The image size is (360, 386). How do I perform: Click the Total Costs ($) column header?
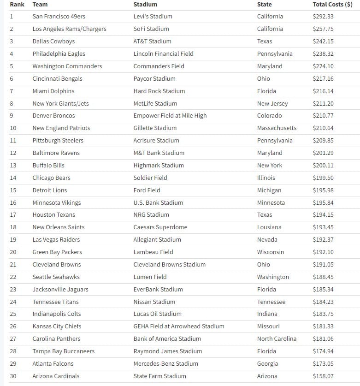(334, 4)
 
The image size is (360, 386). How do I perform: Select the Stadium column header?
(145, 4)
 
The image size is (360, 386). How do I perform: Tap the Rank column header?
(17, 4)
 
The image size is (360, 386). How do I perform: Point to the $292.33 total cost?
(323, 16)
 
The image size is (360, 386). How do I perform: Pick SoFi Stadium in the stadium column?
(151, 29)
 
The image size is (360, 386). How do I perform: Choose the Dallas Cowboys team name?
(53, 41)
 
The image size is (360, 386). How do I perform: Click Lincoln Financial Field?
(163, 53)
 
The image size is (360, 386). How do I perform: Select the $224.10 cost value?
(323, 66)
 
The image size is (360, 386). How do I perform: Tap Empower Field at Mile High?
(170, 115)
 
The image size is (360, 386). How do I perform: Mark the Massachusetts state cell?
(277, 128)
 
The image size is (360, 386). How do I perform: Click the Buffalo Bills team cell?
(48, 165)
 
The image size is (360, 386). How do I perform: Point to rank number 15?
(13, 190)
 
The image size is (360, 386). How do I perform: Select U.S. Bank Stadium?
(158, 202)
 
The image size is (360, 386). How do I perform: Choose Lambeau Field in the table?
(153, 252)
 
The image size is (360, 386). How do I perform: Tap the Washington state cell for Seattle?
(273, 277)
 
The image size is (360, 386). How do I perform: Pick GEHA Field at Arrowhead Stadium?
(179, 326)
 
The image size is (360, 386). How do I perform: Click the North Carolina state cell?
(277, 338)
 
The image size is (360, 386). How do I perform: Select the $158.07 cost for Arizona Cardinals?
(323, 376)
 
